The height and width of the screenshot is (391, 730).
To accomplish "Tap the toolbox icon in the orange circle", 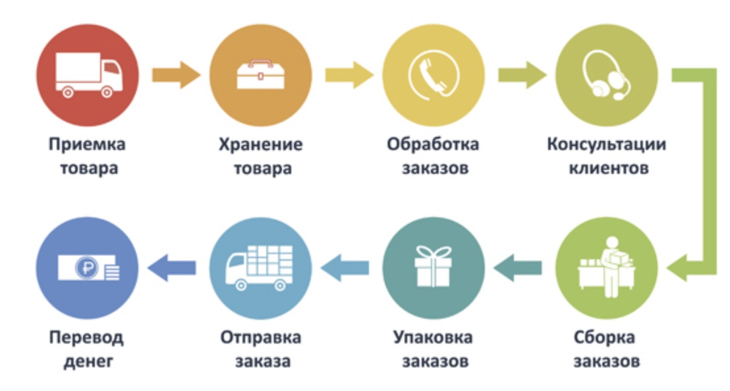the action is pos(260,74).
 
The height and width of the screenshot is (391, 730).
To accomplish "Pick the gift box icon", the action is pos(433,267).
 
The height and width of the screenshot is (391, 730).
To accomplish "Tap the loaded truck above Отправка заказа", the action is pos(260,267).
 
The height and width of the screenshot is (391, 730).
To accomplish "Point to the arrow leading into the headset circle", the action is pos(521,74).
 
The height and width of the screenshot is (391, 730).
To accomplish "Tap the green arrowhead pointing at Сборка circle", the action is pos(679,267).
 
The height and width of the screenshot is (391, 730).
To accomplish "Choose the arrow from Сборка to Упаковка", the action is pos(518,267).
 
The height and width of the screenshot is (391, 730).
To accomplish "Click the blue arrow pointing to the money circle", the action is pos(172,267).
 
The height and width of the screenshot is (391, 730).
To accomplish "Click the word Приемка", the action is pos(87,143).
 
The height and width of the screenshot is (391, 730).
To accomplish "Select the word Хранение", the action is pos(260,143).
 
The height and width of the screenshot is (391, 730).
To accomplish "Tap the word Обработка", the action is pos(433,143).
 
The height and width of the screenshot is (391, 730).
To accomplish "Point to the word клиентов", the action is pos(607,168).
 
